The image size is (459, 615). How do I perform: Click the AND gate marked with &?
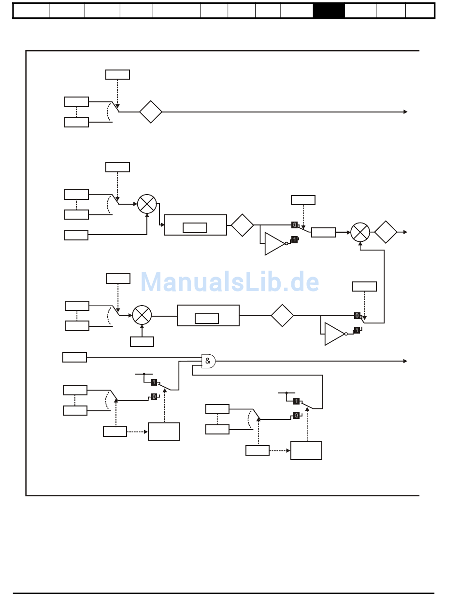click(x=208, y=361)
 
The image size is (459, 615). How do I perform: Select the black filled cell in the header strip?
click(x=329, y=11)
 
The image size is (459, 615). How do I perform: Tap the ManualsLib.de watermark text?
click(x=229, y=282)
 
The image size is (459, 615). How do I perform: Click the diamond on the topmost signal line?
click(x=151, y=112)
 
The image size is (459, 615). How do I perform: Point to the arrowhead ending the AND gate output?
click(x=405, y=361)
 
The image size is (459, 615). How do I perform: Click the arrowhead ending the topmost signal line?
click(x=405, y=112)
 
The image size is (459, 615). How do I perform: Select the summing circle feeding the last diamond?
click(x=360, y=232)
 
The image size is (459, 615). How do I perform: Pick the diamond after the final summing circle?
click(x=386, y=232)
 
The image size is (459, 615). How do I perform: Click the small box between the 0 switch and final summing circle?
click(x=323, y=232)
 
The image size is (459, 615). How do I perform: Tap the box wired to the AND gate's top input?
click(x=74, y=357)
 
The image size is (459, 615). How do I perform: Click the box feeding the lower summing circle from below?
click(x=142, y=342)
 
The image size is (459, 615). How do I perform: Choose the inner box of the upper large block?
click(x=195, y=228)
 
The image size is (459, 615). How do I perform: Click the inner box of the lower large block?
click(x=207, y=319)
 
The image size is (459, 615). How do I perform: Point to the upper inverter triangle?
click(x=274, y=244)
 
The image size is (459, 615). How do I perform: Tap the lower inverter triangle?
click(x=334, y=334)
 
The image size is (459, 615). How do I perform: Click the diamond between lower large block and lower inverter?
click(x=282, y=316)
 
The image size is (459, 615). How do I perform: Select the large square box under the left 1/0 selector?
click(x=164, y=432)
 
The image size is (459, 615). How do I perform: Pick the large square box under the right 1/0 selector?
click(x=306, y=450)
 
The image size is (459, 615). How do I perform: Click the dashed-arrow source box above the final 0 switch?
click(x=364, y=286)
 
